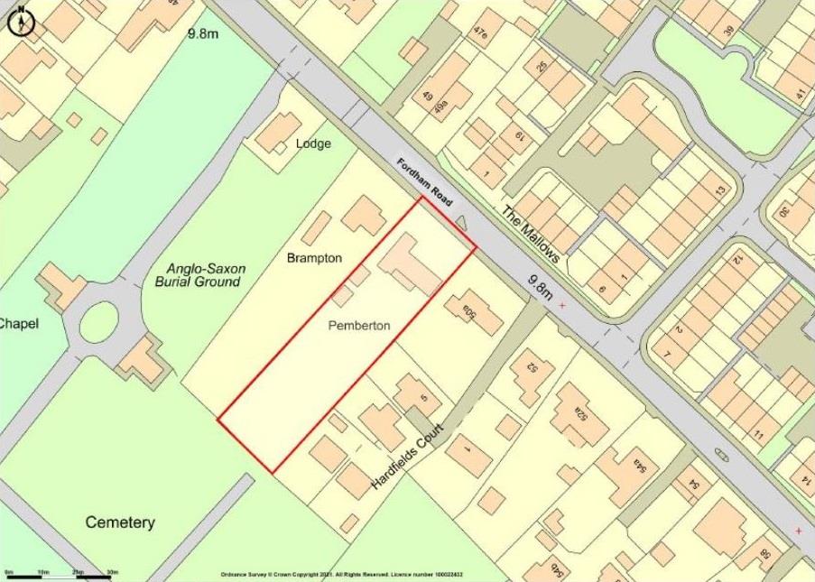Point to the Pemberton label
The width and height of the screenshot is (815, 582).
[x=359, y=326]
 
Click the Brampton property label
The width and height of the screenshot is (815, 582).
[x=314, y=258]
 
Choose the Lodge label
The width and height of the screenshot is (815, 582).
[x=313, y=143]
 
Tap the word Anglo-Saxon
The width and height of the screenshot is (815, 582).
[x=207, y=269]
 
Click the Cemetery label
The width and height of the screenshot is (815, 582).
[x=120, y=522]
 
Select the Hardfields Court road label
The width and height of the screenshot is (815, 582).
[x=409, y=457]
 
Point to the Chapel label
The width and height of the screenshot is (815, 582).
[x=18, y=323]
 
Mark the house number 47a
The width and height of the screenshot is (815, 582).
[x=480, y=34]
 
